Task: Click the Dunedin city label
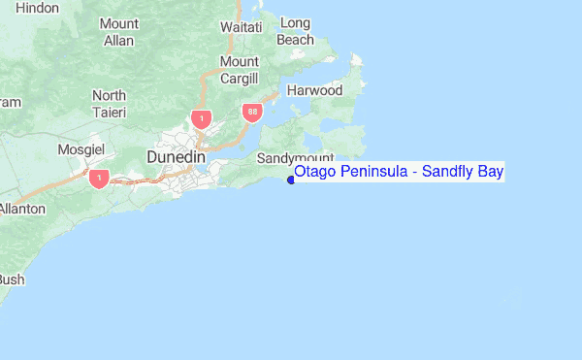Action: pos(176,156)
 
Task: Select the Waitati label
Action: pos(242,27)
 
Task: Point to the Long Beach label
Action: pos(295,31)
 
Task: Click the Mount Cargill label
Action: pos(240,70)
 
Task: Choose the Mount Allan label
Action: pos(118,32)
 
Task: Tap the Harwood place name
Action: pos(314,90)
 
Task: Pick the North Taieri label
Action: pos(109,104)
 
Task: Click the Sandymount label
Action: pos(296,157)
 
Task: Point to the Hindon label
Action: pos(38,8)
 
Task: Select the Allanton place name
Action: pos(21,209)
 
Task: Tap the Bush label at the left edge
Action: pos(11,279)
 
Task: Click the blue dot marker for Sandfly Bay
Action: pos(290,179)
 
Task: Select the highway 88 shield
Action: pos(252,114)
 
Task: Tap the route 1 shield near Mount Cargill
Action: pos(201,119)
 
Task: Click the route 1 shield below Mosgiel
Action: pos(98,180)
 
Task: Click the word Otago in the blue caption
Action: pos(315,173)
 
